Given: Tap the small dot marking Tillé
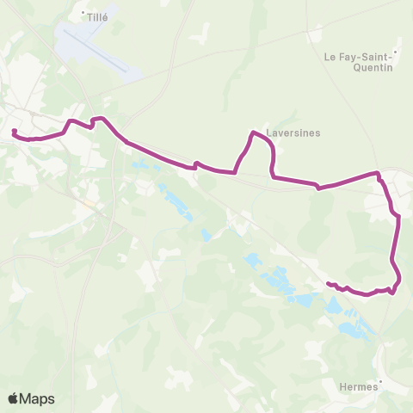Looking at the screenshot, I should tap(83, 12).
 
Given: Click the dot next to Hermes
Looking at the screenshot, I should tap(381, 384).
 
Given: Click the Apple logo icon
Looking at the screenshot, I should tap(14, 398).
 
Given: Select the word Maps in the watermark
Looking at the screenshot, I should tap(38, 398).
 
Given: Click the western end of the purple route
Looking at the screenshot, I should tap(15, 132).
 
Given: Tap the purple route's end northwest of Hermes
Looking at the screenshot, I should tap(328, 283).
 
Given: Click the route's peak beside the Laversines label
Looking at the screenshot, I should tap(253, 133).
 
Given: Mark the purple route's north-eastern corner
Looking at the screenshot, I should tap(377, 174).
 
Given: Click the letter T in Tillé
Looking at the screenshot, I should tap(89, 15).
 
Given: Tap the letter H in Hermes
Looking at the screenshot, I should tap(343, 388).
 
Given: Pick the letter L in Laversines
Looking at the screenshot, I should tap(270, 134).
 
